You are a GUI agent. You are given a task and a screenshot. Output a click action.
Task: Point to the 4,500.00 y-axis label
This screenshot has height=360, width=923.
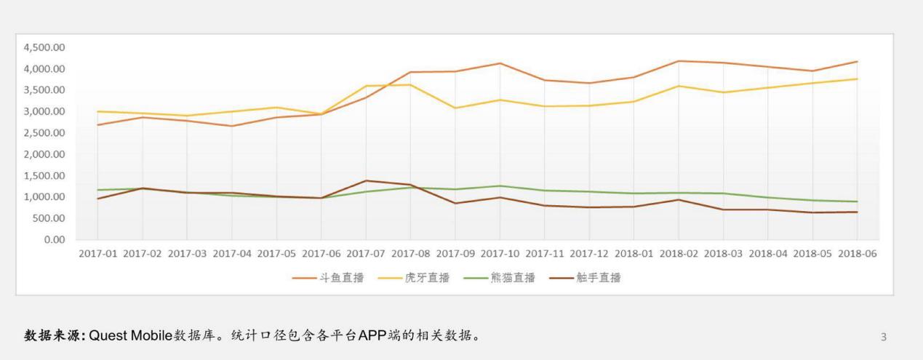click(x=44, y=47)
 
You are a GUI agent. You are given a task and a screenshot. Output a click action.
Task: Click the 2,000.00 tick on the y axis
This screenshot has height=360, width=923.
click(x=44, y=154)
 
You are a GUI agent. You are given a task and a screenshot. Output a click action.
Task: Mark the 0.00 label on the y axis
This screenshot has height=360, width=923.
click(x=54, y=240)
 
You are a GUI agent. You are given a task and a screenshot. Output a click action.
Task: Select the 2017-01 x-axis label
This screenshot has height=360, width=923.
click(x=97, y=254)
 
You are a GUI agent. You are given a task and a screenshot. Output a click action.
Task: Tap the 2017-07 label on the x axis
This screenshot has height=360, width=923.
click(x=366, y=254)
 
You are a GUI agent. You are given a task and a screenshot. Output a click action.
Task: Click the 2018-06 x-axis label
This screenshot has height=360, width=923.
click(x=857, y=254)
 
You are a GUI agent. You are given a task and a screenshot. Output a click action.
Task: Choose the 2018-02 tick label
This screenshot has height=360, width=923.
click(x=679, y=254)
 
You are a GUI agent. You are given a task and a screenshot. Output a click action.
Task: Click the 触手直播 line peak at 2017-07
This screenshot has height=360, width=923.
click(x=366, y=180)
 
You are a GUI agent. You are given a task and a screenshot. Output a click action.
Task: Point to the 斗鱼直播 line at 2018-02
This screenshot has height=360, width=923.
click(x=679, y=61)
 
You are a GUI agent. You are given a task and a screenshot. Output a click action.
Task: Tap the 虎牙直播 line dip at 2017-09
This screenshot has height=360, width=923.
click(x=455, y=108)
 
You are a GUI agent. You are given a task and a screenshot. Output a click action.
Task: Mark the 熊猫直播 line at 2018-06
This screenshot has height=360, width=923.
click(x=857, y=201)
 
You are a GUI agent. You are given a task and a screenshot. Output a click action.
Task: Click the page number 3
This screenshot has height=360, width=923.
click(x=884, y=337)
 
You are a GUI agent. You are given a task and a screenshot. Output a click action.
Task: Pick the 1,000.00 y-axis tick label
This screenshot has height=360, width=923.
click(x=44, y=197)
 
